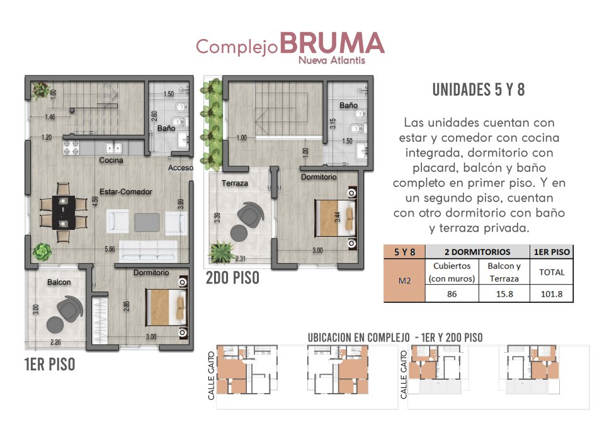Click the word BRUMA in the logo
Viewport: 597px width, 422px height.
click(x=332, y=43)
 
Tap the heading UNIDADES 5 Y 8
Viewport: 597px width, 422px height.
click(x=479, y=90)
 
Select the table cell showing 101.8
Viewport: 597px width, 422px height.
click(x=552, y=294)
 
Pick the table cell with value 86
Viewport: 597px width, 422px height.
click(x=452, y=294)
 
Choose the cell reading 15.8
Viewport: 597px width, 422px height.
click(x=504, y=294)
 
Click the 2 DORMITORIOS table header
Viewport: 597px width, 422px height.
click(x=477, y=252)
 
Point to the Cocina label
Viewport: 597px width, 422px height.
click(x=111, y=161)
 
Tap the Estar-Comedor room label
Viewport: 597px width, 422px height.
click(x=126, y=191)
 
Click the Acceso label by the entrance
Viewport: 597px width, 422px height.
click(x=181, y=168)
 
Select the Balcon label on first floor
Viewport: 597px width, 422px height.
click(x=59, y=282)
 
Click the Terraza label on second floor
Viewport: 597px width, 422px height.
click(x=235, y=183)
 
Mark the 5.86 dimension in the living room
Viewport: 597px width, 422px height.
click(x=110, y=249)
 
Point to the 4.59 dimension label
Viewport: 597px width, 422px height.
click(x=95, y=201)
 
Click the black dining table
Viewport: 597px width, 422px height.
click(x=64, y=212)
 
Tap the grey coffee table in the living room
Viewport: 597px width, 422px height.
click(x=147, y=222)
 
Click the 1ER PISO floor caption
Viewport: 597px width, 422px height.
click(x=50, y=365)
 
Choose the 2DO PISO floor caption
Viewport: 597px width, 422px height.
click(x=232, y=278)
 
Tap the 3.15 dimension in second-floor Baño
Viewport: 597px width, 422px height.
click(x=333, y=123)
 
